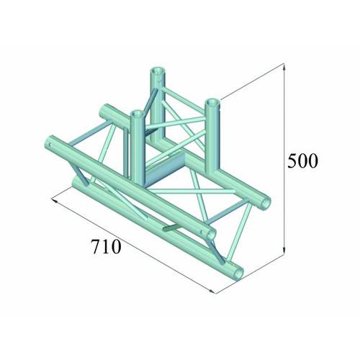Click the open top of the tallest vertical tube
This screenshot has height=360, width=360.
(x=157, y=71)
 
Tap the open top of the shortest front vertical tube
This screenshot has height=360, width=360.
(x=135, y=112)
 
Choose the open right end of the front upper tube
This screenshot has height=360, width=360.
(x=210, y=234)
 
